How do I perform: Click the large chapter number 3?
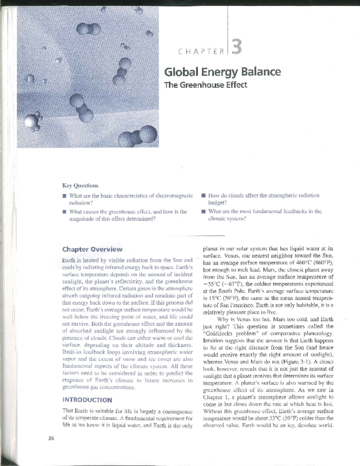(236, 48)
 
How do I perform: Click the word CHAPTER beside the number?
(201, 51)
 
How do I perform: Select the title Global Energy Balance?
(222, 72)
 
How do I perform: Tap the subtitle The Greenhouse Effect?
(205, 85)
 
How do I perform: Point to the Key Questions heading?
(80, 186)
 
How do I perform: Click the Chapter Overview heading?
(92, 249)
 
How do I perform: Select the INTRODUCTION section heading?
(87, 400)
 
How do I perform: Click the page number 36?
(51, 438)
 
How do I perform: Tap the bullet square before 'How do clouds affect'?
(203, 196)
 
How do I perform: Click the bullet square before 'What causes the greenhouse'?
(64, 212)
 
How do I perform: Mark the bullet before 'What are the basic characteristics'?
(64, 196)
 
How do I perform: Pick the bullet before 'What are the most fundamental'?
(203, 212)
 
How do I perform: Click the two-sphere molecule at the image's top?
(89, 30)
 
